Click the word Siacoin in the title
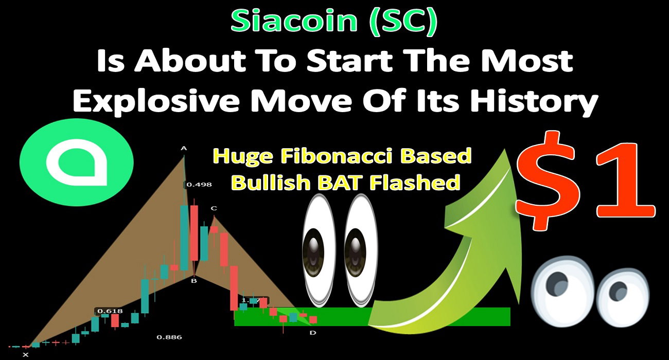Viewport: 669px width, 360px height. pos(294,21)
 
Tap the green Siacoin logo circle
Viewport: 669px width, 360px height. pos(77,163)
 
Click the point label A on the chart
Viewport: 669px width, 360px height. pos(184,148)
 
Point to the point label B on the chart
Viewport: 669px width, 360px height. pos(194,281)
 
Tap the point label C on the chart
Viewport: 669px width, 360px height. pos(214,208)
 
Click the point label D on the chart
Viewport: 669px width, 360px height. pos(313,333)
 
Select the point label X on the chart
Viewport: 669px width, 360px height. pos(26,355)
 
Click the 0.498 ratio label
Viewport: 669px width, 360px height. pos(199,185)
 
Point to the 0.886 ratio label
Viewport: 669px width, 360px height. pos(169,337)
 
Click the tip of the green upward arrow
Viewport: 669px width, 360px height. pos(505,149)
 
